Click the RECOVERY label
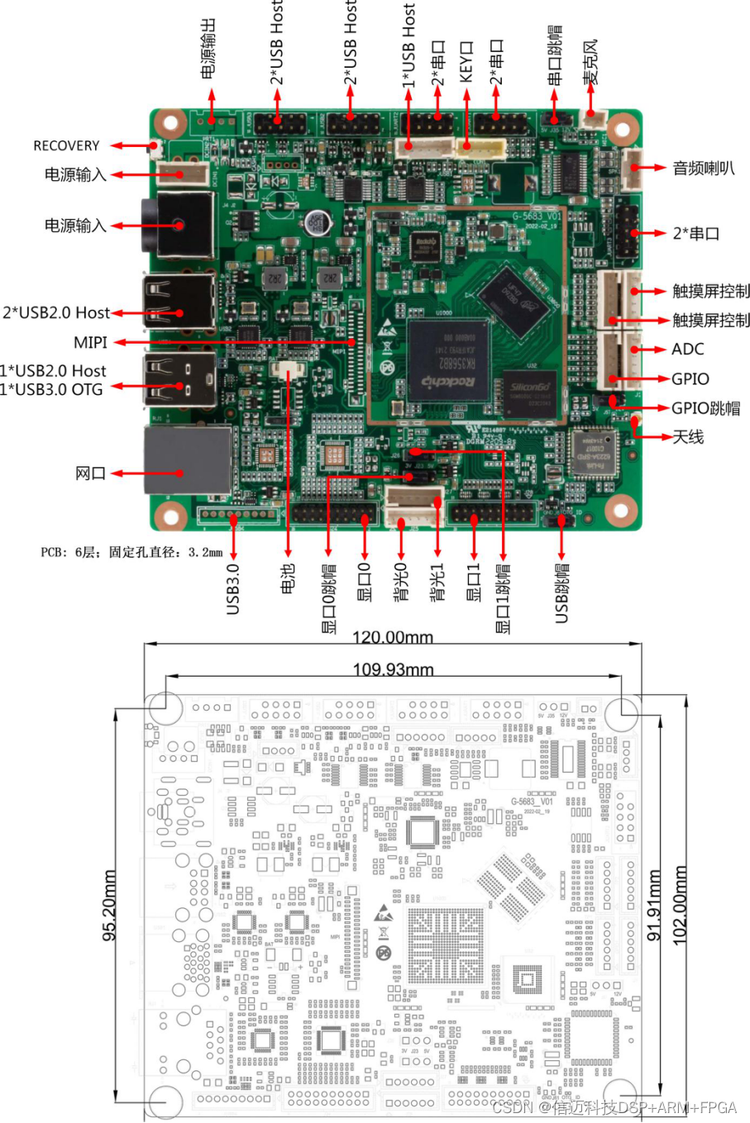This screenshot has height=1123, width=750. (x=66, y=145)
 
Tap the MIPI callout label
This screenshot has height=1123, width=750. (x=90, y=342)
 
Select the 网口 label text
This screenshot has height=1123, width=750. (x=90, y=473)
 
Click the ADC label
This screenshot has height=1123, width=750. (x=688, y=350)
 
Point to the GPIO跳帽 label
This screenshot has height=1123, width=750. (x=705, y=408)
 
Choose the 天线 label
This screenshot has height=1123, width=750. (x=688, y=436)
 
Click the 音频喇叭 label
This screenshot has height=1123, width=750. (x=704, y=169)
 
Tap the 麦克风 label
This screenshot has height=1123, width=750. (x=590, y=61)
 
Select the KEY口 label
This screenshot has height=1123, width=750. (x=466, y=63)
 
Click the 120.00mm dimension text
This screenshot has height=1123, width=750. (x=393, y=637)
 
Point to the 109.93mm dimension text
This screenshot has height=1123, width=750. (x=393, y=669)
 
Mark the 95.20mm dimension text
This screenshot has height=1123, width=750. (x=109, y=905)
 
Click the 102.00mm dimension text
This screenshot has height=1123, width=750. (x=679, y=905)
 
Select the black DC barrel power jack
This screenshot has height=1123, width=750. (x=177, y=225)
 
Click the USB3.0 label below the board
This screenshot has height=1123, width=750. (x=233, y=588)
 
